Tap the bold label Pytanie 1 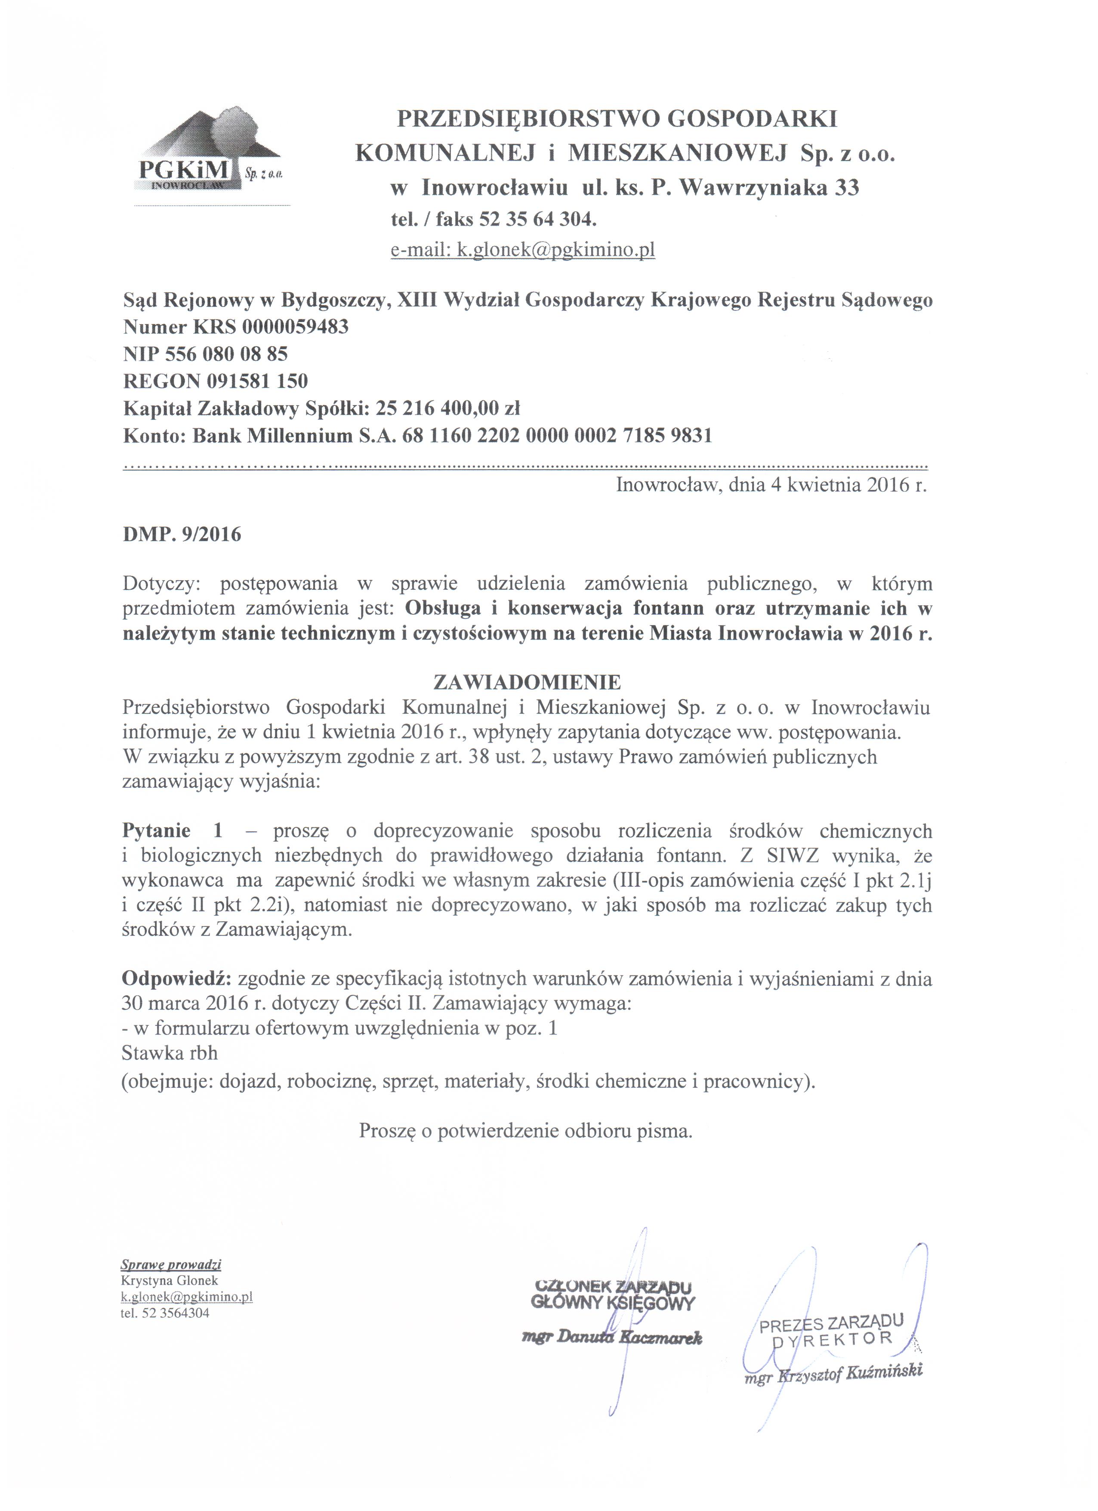pyautogui.click(x=173, y=831)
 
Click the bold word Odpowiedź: pyautogui.click(x=176, y=978)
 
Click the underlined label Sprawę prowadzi pyautogui.click(x=170, y=1264)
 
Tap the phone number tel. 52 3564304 pyautogui.click(x=165, y=1313)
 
